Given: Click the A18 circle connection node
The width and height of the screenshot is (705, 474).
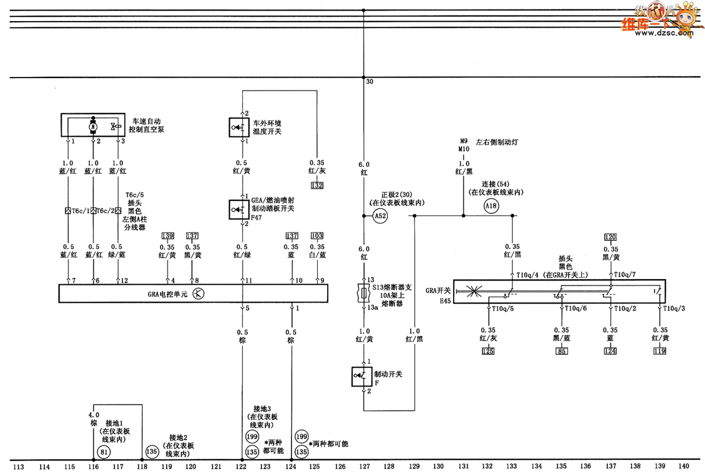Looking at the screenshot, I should (492, 206).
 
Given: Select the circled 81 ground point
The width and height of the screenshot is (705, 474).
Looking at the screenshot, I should (104, 452).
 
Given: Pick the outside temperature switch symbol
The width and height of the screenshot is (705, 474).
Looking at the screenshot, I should (239, 126).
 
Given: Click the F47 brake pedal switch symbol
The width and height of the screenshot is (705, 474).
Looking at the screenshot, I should (239, 209).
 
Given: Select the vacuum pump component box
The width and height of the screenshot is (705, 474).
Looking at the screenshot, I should (94, 126).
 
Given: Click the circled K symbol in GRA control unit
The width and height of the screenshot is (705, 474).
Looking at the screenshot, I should (198, 294).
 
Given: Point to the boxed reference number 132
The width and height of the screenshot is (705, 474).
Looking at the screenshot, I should (317, 186).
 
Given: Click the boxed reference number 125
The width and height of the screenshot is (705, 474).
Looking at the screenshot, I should (488, 351).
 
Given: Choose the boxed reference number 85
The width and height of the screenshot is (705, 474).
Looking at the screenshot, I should (562, 351).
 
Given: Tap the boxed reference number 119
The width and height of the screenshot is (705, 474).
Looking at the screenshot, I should (660, 351).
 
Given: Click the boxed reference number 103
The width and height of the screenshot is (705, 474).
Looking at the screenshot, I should (317, 236).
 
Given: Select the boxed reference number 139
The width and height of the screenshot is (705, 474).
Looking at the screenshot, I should (168, 236).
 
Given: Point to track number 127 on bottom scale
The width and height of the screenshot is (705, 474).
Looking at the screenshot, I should (364, 467).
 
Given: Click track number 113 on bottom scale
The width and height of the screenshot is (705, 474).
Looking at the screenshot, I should (19, 467).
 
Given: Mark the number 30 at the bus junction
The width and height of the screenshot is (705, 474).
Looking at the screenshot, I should (370, 82).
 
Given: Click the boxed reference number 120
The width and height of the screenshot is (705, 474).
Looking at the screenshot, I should (611, 237).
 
